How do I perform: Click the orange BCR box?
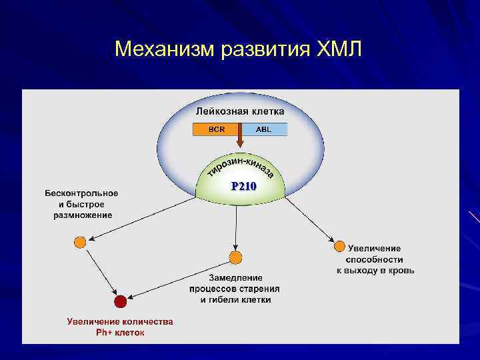[x=216, y=129]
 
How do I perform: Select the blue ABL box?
[x=264, y=129]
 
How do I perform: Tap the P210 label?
[x=243, y=187]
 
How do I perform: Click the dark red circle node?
[x=120, y=301]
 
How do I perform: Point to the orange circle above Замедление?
[x=235, y=257]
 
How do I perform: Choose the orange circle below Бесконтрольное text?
[x=80, y=242]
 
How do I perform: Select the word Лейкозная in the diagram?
[x=217, y=111]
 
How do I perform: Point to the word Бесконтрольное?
[x=81, y=193]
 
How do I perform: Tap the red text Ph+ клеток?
[x=120, y=332]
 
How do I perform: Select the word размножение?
[x=83, y=215]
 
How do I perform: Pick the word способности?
[x=375, y=259]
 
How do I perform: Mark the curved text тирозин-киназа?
[x=241, y=167]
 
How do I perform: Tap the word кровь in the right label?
[x=401, y=271]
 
